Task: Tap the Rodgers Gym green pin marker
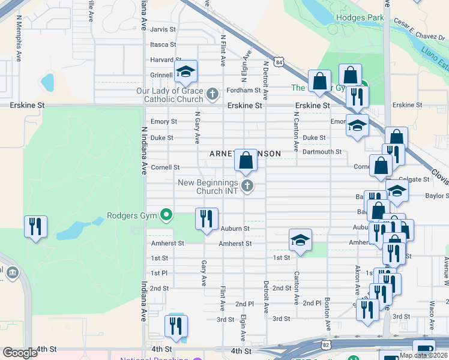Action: pos(166,215)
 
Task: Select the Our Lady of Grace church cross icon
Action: pos(212,94)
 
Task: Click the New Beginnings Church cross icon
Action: pos(246,186)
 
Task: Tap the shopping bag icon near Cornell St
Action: pos(246,161)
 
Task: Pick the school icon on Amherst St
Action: pos(300,241)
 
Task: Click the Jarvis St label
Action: pos(163,29)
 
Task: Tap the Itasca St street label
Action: pos(163,44)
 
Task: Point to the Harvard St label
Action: pos(162,60)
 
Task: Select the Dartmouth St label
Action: pos(322,152)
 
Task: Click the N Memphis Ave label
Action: pos(19,46)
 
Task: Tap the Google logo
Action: pos(20,353)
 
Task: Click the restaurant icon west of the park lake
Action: pos(35,227)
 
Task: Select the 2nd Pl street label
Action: pos(245,304)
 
